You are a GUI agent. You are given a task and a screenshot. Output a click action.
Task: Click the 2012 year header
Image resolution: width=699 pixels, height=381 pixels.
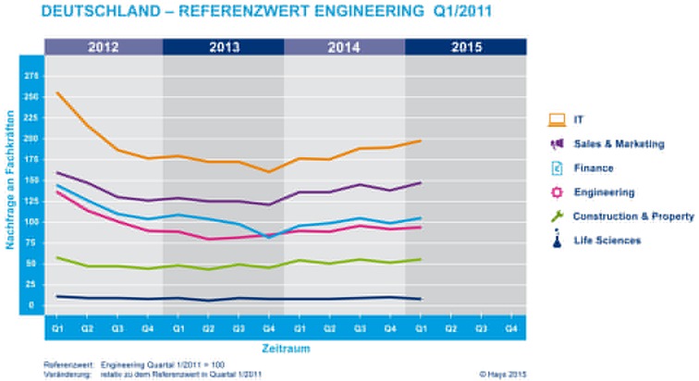point(102,46)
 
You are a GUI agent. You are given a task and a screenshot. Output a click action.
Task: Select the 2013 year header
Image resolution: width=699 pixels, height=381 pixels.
point(223,46)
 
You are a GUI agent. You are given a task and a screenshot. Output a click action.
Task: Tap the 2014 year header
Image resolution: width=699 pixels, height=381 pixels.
point(344,46)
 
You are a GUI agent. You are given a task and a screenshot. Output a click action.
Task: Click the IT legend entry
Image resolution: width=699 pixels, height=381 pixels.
point(579,119)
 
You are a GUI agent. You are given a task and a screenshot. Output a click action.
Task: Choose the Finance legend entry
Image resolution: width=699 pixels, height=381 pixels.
point(593,168)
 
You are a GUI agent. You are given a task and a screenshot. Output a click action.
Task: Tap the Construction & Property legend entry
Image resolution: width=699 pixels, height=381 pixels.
point(632,216)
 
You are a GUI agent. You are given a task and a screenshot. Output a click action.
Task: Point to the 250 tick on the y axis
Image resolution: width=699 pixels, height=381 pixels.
point(31,97)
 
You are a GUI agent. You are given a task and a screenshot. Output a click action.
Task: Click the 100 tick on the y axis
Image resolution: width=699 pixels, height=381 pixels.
point(31,222)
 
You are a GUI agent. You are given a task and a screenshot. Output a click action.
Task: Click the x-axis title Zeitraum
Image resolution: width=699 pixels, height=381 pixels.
point(284,349)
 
